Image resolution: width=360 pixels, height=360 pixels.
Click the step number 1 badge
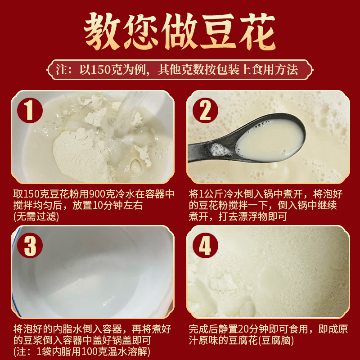click(30, 110)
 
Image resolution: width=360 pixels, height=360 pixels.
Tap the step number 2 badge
click(205, 110)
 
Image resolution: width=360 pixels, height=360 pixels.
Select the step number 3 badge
click(30, 245)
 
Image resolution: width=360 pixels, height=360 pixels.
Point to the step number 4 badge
click(205, 245)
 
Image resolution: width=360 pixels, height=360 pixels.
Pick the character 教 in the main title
click(102, 31)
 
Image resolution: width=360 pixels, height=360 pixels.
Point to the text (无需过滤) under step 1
click(36, 216)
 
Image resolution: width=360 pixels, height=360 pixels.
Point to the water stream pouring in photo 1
click(129, 112)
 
